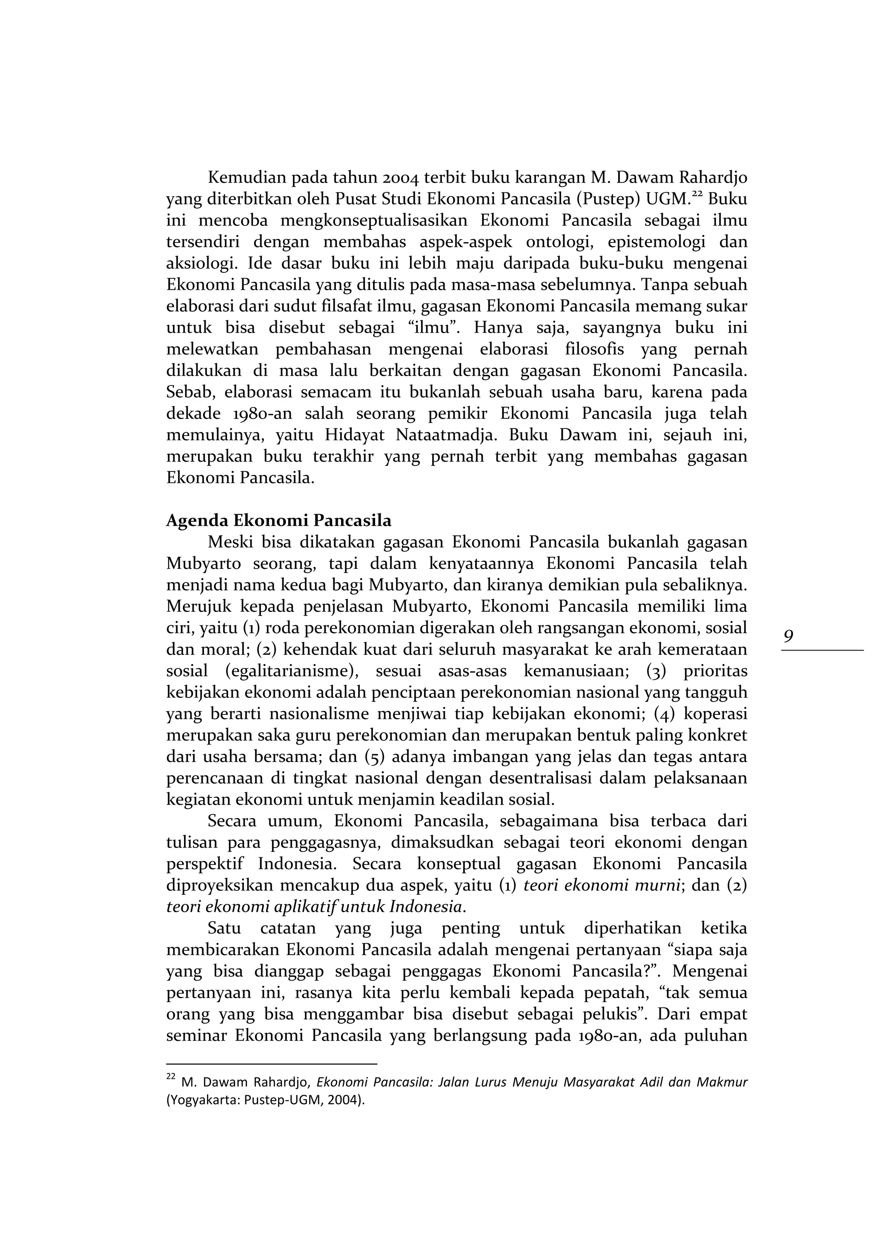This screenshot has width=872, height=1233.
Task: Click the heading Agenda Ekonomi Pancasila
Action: (279, 520)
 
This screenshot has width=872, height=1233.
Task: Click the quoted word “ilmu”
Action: (436, 328)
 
